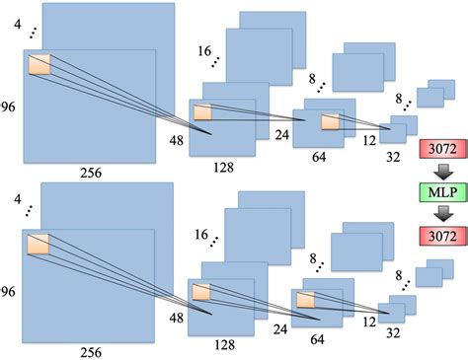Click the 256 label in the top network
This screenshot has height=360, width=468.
pyautogui.click(x=91, y=175)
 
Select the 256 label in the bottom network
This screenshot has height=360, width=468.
pyautogui.click(x=91, y=350)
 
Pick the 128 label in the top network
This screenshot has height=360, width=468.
pyautogui.click(x=223, y=168)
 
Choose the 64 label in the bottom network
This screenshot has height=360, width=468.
pyautogui.click(x=318, y=339)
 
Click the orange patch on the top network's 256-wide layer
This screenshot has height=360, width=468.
pyautogui.click(x=39, y=66)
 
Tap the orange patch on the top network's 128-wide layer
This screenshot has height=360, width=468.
pyautogui.click(x=202, y=111)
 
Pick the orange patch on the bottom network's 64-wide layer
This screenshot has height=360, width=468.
pyautogui.click(x=306, y=299)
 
